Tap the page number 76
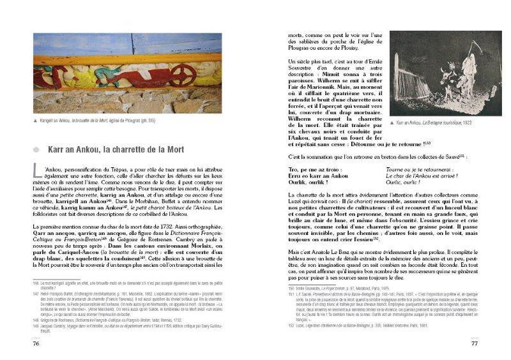(36, 343)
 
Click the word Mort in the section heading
(172, 150)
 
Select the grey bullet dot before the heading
(36, 150)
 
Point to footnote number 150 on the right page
(291, 289)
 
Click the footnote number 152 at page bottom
(291, 325)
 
